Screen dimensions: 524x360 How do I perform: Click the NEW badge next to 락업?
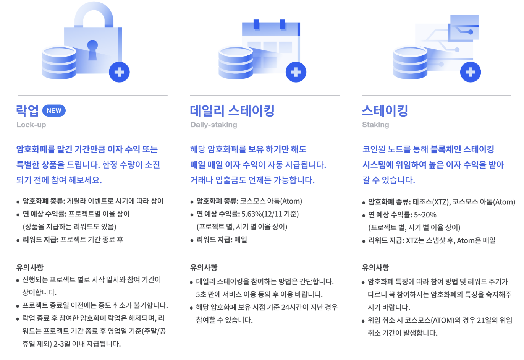pos(54,110)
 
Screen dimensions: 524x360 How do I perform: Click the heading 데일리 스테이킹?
pos(232,111)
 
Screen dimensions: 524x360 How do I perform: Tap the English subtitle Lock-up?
pos(31,125)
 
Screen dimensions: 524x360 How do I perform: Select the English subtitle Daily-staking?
pos(213,125)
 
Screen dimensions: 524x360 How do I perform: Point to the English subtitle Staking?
pos(375,125)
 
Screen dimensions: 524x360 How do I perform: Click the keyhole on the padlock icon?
pos(92,49)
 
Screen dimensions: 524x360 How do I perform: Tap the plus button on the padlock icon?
pos(119,72)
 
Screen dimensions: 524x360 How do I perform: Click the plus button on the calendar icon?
pos(296,72)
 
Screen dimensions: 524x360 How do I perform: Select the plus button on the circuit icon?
pos(470,72)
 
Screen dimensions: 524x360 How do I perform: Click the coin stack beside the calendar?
pos(236,63)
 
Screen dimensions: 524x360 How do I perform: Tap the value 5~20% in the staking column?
pos(425,215)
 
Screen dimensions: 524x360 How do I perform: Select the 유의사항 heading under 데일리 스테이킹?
pos(204,268)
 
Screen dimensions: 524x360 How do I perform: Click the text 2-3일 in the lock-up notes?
pos(61,344)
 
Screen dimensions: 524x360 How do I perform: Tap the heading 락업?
pos(27,111)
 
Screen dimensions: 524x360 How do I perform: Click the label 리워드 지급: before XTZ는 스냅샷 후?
pos(386,241)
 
